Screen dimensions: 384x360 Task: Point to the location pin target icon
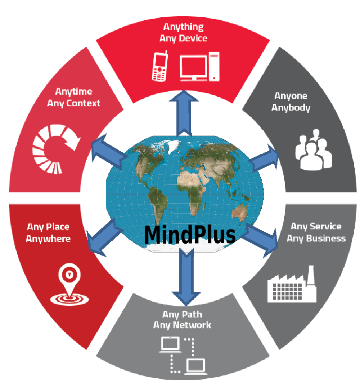(69, 284)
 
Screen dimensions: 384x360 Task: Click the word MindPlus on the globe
(190, 235)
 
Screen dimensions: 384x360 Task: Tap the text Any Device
(183, 39)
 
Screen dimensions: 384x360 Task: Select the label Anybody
(290, 108)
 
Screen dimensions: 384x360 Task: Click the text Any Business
(316, 238)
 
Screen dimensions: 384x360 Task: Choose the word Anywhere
(48, 238)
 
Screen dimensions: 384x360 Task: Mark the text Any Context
(74, 103)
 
